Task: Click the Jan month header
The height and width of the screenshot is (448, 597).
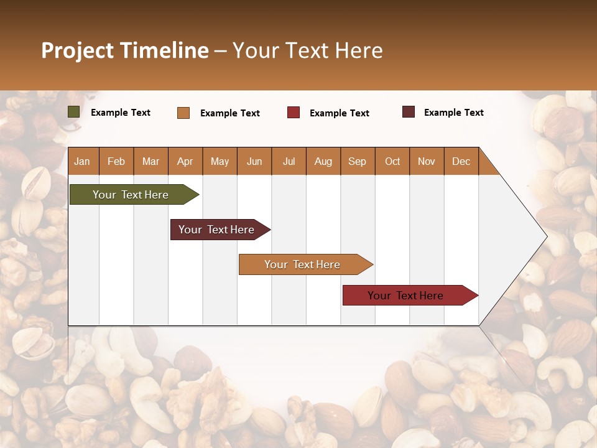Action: pos(83,161)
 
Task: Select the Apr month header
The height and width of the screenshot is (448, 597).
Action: pos(185,161)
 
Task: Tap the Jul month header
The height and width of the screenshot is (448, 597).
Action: pos(289,161)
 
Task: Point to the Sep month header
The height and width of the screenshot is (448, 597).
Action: pos(357,161)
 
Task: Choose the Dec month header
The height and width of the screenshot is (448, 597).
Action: pos(461,161)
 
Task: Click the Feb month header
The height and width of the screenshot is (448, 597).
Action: pos(116,161)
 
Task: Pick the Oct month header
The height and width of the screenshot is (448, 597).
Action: pos(392,161)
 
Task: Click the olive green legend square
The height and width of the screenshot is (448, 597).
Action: pos(74,112)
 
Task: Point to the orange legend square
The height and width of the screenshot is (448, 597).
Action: pos(183,113)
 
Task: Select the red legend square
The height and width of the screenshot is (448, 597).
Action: pos(294,113)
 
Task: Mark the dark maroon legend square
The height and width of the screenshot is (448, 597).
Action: pos(409,112)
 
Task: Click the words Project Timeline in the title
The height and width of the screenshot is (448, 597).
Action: pos(124,50)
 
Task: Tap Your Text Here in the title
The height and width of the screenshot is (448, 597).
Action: pos(307,50)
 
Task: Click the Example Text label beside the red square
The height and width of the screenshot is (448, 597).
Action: pos(339,113)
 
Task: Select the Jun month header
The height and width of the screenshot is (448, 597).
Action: pos(254,161)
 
